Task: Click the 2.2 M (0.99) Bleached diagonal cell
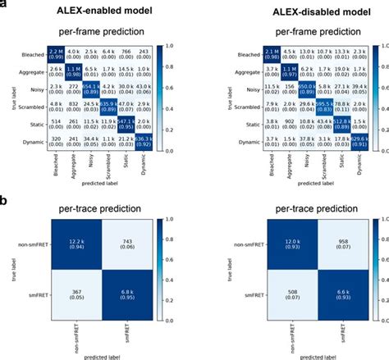tap(55, 55)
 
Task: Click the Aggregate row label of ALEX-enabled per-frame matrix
tap(29, 72)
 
